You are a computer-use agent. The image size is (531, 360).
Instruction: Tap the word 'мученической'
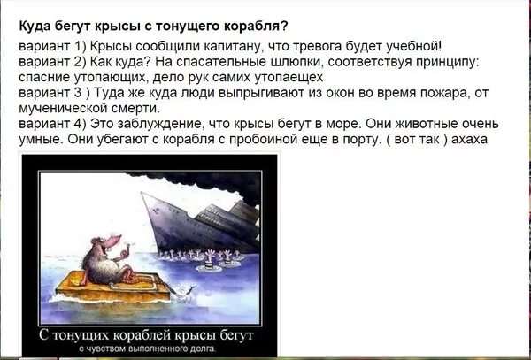59,109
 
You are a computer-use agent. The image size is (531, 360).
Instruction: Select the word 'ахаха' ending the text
467,141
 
